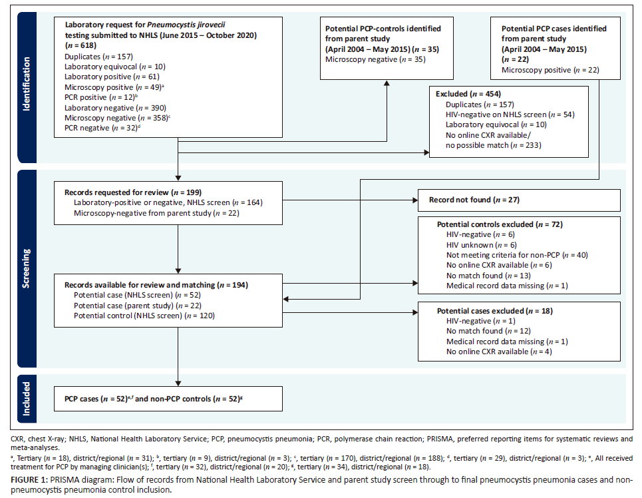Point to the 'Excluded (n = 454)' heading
click(x=468, y=94)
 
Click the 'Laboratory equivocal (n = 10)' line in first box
click(x=114, y=67)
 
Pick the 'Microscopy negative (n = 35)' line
click(x=369, y=59)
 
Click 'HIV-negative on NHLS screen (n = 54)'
click(x=505, y=114)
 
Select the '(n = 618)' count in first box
click(x=80, y=45)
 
